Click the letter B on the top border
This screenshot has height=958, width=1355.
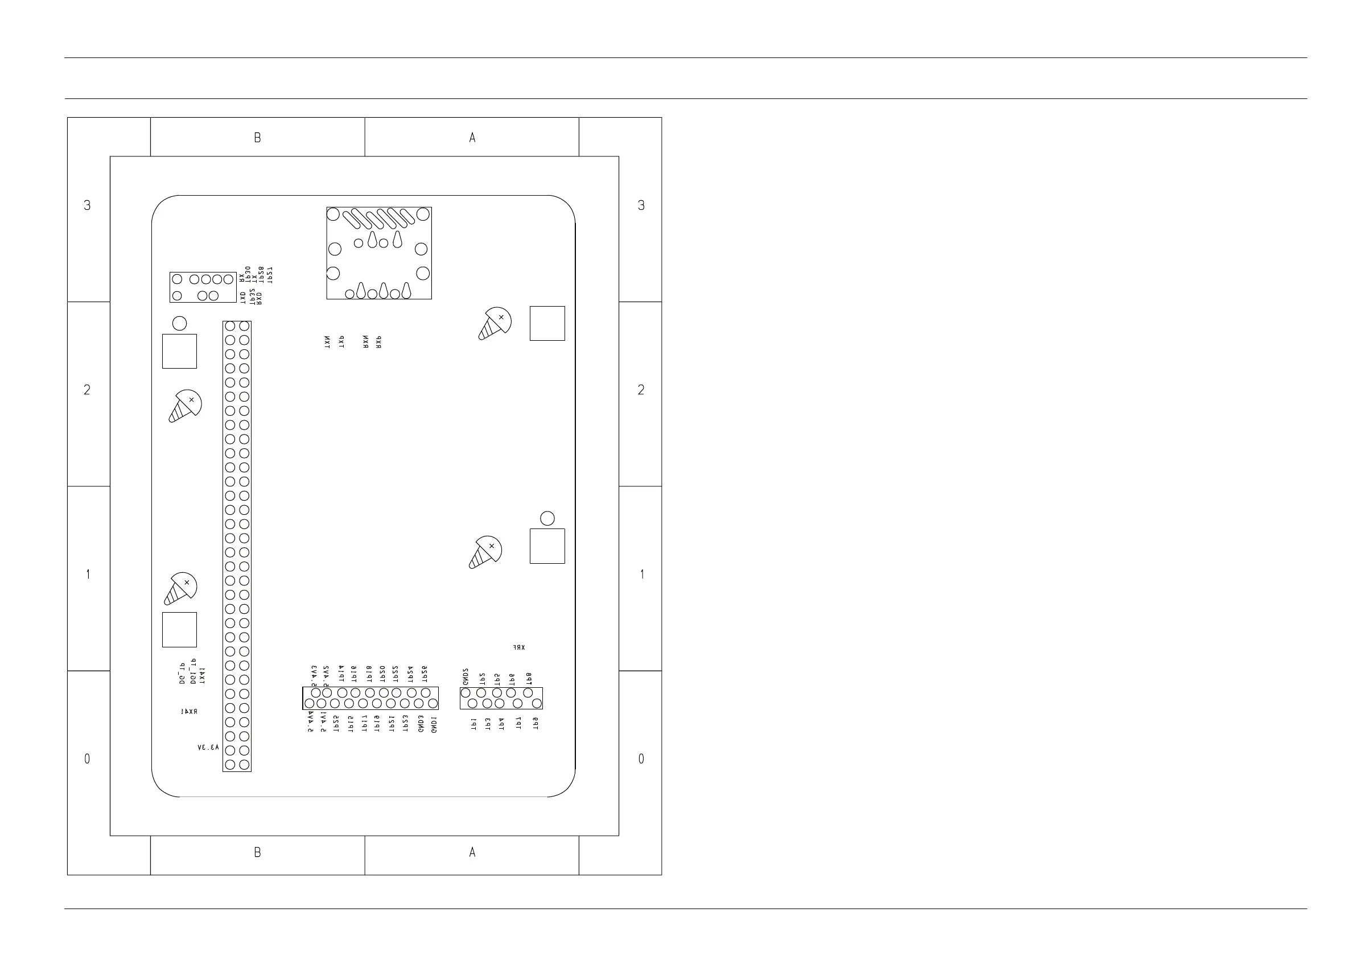[x=257, y=138]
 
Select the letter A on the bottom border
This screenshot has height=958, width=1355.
[x=472, y=852]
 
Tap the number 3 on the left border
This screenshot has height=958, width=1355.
[x=87, y=205]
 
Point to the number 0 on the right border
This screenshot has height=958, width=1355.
[x=641, y=759]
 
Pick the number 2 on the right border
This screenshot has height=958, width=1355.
[x=641, y=390]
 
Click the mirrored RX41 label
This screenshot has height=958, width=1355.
[x=189, y=712]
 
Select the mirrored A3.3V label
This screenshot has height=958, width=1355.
[x=208, y=747]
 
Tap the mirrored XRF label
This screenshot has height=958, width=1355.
[x=519, y=647]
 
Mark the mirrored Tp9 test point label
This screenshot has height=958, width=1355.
[x=536, y=724]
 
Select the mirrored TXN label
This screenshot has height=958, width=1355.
[x=327, y=342]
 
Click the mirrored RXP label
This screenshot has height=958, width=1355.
[x=379, y=342]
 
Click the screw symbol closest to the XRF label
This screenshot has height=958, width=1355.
[x=485, y=552]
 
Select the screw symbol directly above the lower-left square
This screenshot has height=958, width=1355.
[x=180, y=588]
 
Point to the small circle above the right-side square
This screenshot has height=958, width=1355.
[x=547, y=518]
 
